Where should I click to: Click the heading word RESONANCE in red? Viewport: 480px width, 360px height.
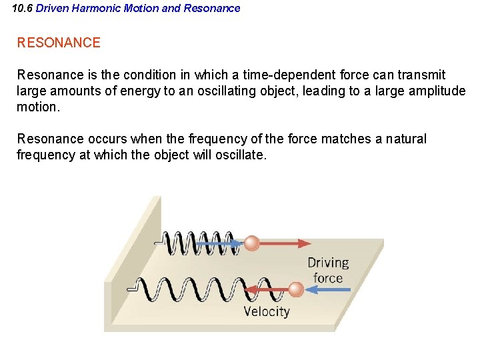(59, 43)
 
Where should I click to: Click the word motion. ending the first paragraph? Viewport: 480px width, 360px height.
(39, 107)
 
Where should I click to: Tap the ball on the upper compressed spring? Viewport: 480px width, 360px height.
(251, 243)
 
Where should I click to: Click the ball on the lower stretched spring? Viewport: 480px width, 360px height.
(296, 289)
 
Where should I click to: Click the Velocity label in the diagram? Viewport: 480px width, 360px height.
(267, 311)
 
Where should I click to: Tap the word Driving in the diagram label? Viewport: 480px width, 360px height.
(327, 263)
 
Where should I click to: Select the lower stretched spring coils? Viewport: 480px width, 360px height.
(193, 289)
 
